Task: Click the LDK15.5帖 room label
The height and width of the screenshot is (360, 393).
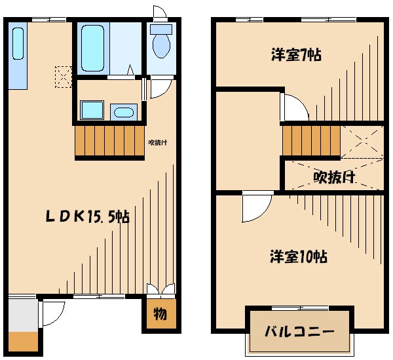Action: point(87,216)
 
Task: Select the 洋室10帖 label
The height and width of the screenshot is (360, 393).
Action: point(299,256)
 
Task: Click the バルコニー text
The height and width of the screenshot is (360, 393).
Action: point(299,331)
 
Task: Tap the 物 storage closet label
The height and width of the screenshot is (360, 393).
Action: point(160,313)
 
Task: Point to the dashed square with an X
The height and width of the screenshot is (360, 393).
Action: point(64,77)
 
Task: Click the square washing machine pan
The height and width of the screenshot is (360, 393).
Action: point(91,111)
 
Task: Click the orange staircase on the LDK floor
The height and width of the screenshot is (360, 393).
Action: point(108,140)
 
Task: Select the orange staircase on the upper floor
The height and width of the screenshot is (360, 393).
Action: point(311,140)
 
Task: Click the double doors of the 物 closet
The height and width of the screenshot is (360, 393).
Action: point(160,291)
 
